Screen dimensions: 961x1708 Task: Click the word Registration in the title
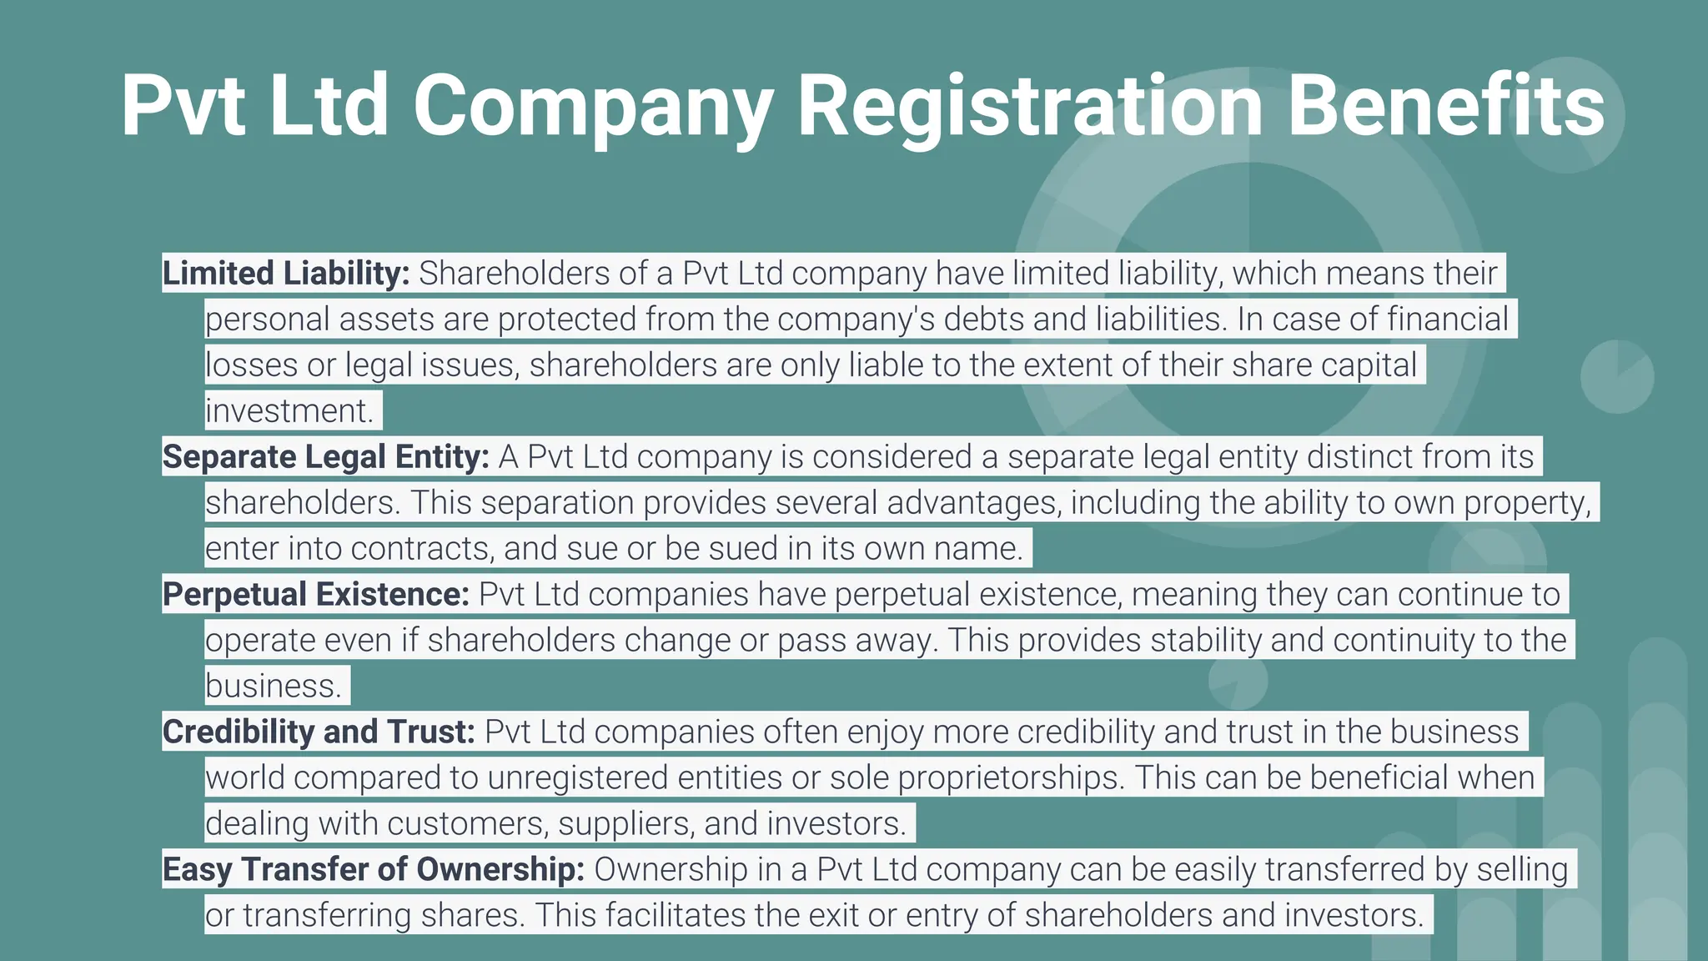1031,106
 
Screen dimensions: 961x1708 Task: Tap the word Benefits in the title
1446,106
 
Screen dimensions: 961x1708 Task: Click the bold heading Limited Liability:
286,274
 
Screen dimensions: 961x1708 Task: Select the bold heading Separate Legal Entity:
326,457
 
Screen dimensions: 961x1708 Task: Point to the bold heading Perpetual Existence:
316,595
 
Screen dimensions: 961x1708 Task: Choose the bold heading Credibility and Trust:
319,732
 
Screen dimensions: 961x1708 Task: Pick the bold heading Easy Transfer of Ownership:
374,870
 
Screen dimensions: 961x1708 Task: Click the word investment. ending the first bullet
289,411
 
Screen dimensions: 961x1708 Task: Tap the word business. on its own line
274,687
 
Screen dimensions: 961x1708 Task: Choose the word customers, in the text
468,824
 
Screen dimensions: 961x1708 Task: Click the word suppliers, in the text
626,824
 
